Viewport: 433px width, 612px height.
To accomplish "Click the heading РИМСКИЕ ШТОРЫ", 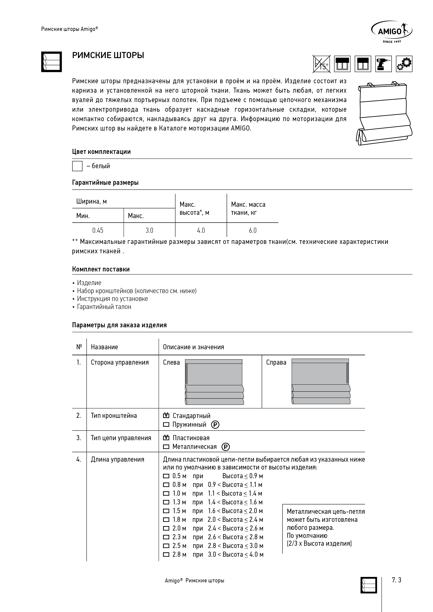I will click(x=108, y=55).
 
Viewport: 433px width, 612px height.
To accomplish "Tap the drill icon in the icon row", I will click(x=383, y=64).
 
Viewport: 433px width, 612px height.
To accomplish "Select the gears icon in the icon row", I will click(x=404, y=64).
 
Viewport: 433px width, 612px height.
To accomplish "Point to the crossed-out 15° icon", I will click(x=321, y=64).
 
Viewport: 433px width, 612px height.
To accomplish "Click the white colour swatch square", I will click(x=77, y=166).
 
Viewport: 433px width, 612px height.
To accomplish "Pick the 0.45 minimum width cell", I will click(x=98, y=230).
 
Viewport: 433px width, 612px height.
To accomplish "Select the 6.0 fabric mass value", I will click(x=252, y=230).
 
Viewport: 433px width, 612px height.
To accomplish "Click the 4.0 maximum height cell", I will click(x=201, y=230).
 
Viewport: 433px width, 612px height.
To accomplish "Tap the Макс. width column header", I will click(x=136, y=216).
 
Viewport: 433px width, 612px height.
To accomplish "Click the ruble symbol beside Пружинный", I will click(x=215, y=425).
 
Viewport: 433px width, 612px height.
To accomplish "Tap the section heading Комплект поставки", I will click(x=101, y=269).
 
